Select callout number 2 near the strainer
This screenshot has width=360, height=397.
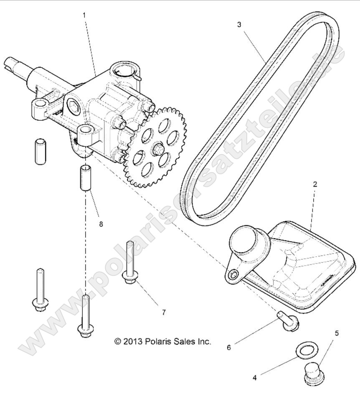click(315, 184)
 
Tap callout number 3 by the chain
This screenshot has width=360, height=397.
click(239, 25)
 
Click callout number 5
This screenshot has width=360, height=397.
click(337, 333)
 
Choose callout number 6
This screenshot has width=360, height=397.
click(228, 347)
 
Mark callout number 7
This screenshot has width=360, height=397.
click(163, 312)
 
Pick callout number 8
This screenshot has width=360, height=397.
click(101, 224)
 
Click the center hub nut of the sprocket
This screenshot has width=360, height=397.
click(158, 148)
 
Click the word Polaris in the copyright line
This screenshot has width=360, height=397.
click(159, 341)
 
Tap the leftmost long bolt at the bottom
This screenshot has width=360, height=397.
click(39, 292)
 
